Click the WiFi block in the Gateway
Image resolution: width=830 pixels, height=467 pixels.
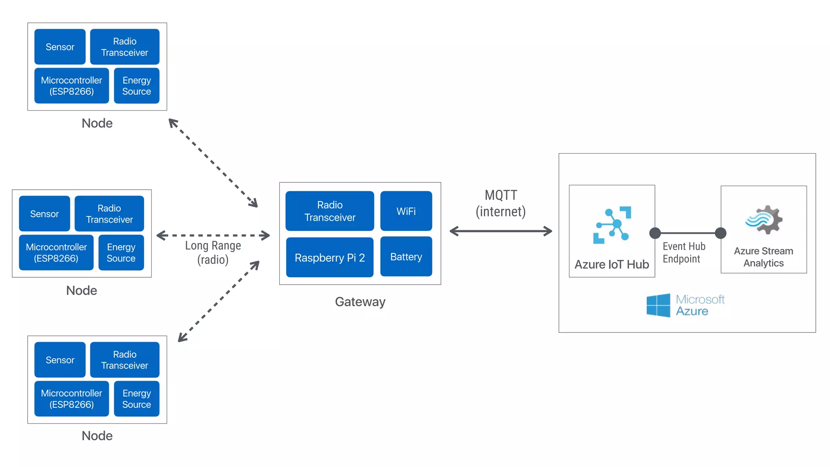click(x=406, y=211)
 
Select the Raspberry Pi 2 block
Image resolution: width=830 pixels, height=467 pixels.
click(x=330, y=257)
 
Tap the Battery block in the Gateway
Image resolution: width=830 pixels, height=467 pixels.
click(x=406, y=257)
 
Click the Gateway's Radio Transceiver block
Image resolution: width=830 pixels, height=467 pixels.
click(x=330, y=211)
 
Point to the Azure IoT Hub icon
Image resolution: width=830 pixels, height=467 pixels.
click(x=612, y=225)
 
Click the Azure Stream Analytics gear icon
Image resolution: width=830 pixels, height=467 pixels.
click(x=764, y=220)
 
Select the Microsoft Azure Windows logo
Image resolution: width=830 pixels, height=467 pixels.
click(x=658, y=305)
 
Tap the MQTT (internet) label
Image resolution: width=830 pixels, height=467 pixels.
click(x=501, y=204)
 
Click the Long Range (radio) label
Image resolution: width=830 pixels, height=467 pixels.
click(x=213, y=252)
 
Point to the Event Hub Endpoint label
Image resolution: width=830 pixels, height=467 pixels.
click(x=684, y=253)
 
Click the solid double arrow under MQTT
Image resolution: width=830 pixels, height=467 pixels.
click(x=501, y=231)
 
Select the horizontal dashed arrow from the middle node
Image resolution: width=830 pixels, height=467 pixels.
click(x=213, y=235)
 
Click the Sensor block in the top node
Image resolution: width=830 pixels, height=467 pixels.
click(x=60, y=47)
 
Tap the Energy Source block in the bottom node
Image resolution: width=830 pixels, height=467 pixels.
click(x=137, y=399)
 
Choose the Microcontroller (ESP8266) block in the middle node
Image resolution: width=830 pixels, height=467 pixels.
click(x=56, y=253)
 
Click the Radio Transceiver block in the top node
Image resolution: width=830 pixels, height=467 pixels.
click(x=125, y=47)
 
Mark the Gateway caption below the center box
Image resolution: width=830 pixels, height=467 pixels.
click(x=360, y=302)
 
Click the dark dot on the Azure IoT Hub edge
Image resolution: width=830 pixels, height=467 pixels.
click(x=655, y=233)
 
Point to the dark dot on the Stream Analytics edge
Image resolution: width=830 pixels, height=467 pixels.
click(x=721, y=233)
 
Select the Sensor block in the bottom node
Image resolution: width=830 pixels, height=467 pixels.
click(x=60, y=360)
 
